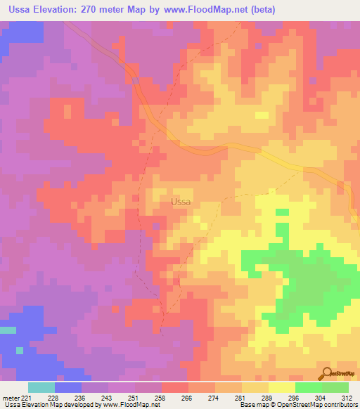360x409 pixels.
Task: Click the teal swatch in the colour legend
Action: coord(41,387)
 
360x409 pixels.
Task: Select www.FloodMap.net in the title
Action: coord(210,10)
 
